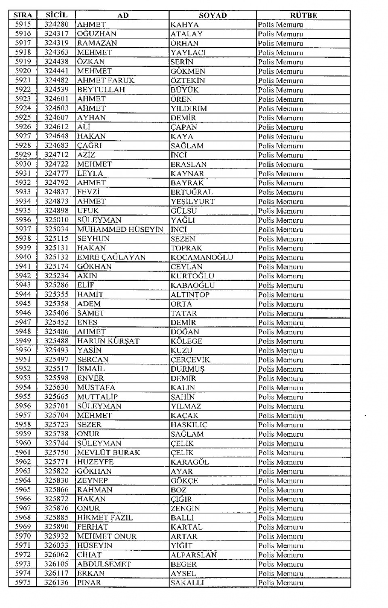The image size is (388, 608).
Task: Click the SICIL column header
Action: [56, 15]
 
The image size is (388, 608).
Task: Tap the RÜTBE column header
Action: [303, 15]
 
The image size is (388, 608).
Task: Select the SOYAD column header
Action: [213, 15]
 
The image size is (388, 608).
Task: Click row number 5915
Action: [23, 24]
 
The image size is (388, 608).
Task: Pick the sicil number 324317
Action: [56, 34]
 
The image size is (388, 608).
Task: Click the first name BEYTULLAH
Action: [101, 90]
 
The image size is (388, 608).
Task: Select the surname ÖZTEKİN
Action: [188, 80]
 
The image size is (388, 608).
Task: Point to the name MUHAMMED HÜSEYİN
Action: [120, 229]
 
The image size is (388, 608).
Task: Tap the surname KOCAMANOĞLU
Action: [202, 257]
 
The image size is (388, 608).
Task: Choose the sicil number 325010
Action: [56, 220]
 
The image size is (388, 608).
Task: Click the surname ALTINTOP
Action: [190, 295]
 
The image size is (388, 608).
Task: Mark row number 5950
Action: [23, 350]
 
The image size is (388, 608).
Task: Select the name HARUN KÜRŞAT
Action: [108, 341]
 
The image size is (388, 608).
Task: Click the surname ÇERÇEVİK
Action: [190, 360]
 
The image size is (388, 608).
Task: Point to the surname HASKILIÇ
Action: [189, 425]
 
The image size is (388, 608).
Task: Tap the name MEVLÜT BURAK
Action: [108, 452]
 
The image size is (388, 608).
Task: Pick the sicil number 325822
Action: [56, 471]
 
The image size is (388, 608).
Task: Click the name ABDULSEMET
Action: [104, 564]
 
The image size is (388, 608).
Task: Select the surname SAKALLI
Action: [187, 583]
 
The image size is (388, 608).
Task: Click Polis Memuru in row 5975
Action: [280, 583]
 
